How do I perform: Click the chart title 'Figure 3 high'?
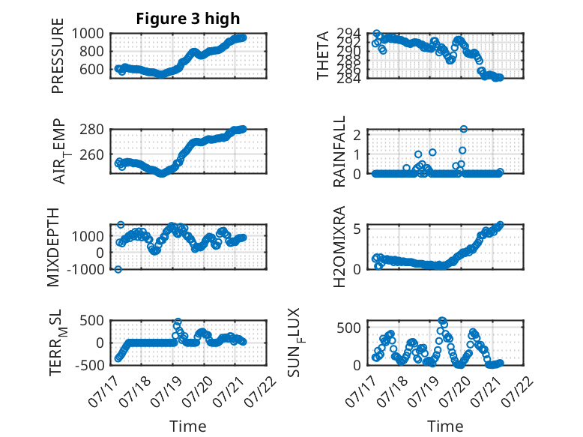tap(188, 19)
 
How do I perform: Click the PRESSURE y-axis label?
tap(58, 55)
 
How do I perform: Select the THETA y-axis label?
tap(323, 55)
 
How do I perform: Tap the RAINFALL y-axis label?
tap(339, 151)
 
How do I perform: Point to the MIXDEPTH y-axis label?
tap(53, 247)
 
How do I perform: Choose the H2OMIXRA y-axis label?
tap(339, 247)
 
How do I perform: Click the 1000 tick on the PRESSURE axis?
tap(88, 34)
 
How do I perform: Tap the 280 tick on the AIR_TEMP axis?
tap(92, 130)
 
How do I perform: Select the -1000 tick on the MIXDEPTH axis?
tap(85, 269)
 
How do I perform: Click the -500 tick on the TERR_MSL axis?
tap(90, 365)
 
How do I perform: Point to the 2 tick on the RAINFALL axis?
tap(357, 135)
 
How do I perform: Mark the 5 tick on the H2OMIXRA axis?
tap(357, 229)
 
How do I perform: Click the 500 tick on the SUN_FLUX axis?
tap(349, 328)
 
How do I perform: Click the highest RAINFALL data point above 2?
tap(463, 129)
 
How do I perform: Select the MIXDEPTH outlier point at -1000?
tap(118, 269)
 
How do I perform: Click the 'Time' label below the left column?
tap(188, 426)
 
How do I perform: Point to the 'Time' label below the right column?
tap(445, 426)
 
